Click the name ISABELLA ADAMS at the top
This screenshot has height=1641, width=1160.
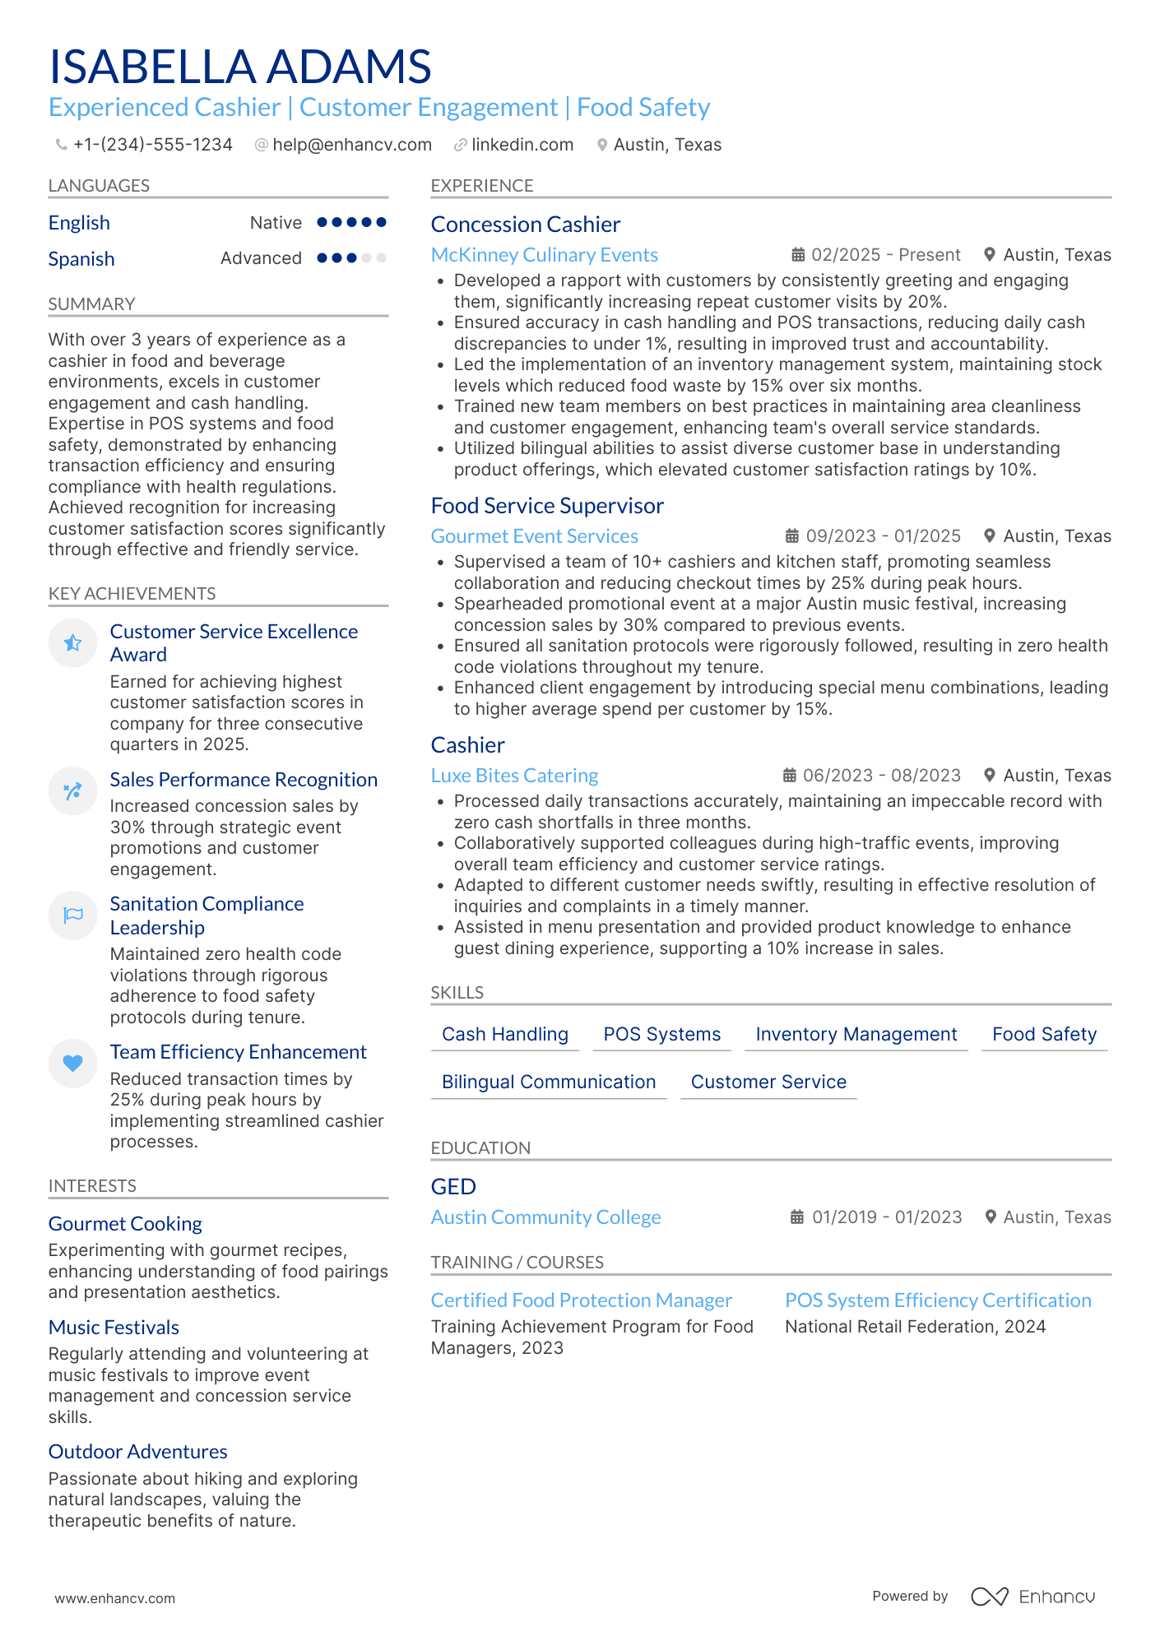pos(240,67)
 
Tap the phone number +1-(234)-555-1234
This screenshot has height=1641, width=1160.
pos(152,145)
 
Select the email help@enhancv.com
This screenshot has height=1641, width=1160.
pos(351,145)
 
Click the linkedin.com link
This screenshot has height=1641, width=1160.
pos(522,145)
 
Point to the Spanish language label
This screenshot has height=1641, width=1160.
pos(81,259)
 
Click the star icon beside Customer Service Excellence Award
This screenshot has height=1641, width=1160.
pos(73,642)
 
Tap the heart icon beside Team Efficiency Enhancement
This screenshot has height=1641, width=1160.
pos(73,1063)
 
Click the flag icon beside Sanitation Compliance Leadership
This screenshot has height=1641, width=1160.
pos(73,915)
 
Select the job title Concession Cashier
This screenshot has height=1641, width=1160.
pos(525,225)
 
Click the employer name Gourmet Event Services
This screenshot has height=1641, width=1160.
pos(534,536)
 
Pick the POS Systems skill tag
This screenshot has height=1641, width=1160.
pos(661,1034)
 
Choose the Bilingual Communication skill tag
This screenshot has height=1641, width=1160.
pos(549,1082)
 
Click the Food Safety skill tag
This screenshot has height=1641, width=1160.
pos(1044,1034)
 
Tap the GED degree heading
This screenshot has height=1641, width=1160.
pos(453,1187)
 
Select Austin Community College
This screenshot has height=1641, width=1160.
pos(545,1217)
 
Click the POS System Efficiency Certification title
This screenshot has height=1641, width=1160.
pos(938,1300)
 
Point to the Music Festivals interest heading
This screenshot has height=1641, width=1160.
pos(114,1328)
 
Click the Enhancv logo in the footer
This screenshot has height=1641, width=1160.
pos(1032,1597)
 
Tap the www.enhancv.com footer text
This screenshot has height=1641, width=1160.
pos(114,1598)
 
